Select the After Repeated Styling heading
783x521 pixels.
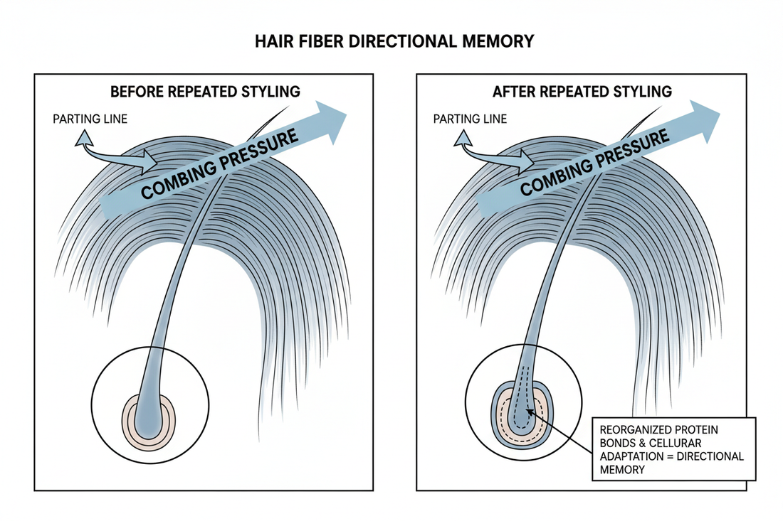pyautogui.click(x=582, y=92)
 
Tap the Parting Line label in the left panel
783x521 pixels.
pyautogui.click(x=90, y=119)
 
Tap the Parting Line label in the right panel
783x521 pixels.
pyautogui.click(x=470, y=119)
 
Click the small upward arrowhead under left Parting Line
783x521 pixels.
pyautogui.click(x=83, y=137)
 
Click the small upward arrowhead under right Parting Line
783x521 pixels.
pyautogui.click(x=463, y=137)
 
